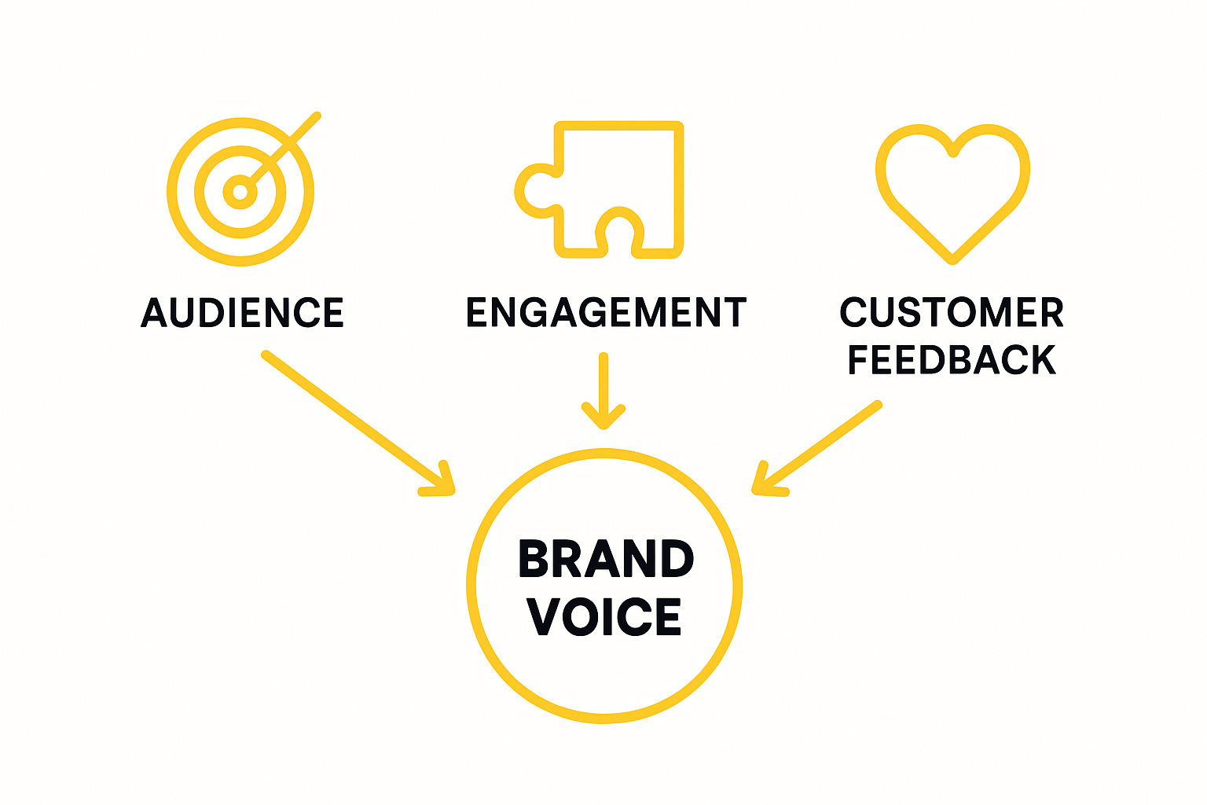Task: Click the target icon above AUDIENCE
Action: point(240,191)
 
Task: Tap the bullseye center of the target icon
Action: point(240,192)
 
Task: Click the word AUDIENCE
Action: point(242,313)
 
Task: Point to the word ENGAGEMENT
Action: point(606,313)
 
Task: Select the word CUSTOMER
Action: point(952,313)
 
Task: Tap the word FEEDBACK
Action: point(952,360)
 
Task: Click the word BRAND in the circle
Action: point(606,560)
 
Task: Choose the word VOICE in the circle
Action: point(604,616)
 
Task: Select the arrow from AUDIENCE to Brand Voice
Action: point(354,421)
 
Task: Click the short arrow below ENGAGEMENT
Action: point(603,389)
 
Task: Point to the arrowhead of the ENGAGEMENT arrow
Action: point(603,421)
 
